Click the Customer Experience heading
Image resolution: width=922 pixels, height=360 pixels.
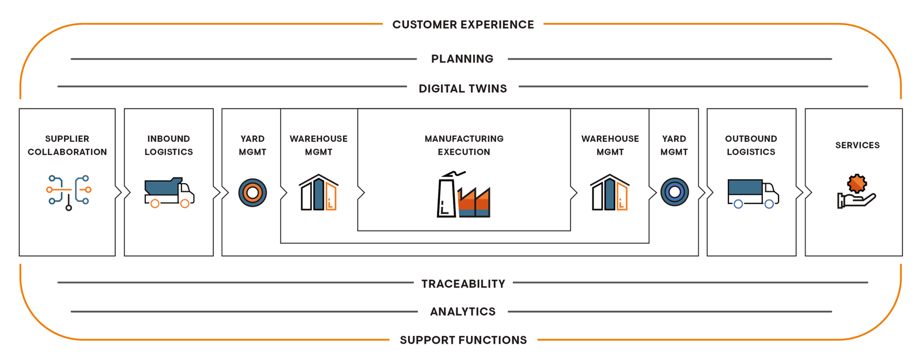point(463,25)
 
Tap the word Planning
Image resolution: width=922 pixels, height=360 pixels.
point(462,59)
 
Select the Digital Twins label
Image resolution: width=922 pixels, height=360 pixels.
point(463,89)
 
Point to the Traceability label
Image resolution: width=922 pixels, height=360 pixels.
point(463,284)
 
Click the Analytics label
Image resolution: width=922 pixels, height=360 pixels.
point(463,312)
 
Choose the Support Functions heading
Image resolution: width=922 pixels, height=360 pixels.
point(463,340)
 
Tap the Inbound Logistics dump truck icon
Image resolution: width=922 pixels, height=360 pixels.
point(169,192)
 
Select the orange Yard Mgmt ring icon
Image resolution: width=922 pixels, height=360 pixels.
point(252,192)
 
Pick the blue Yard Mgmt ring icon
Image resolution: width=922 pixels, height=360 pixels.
point(674,192)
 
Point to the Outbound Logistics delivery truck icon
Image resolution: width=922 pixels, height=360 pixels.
point(753,193)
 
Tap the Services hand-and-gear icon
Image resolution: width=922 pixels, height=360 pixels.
point(856,192)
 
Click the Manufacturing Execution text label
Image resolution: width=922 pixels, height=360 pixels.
point(464,145)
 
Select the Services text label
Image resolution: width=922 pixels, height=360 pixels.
point(857,145)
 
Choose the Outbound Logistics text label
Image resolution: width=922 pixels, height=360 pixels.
point(751,145)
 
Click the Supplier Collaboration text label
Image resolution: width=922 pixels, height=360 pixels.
point(67,145)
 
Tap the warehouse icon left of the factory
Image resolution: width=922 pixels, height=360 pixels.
point(318,192)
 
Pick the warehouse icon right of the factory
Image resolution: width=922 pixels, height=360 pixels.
point(610,192)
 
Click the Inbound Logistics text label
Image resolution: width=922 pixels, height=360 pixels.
point(168,145)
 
